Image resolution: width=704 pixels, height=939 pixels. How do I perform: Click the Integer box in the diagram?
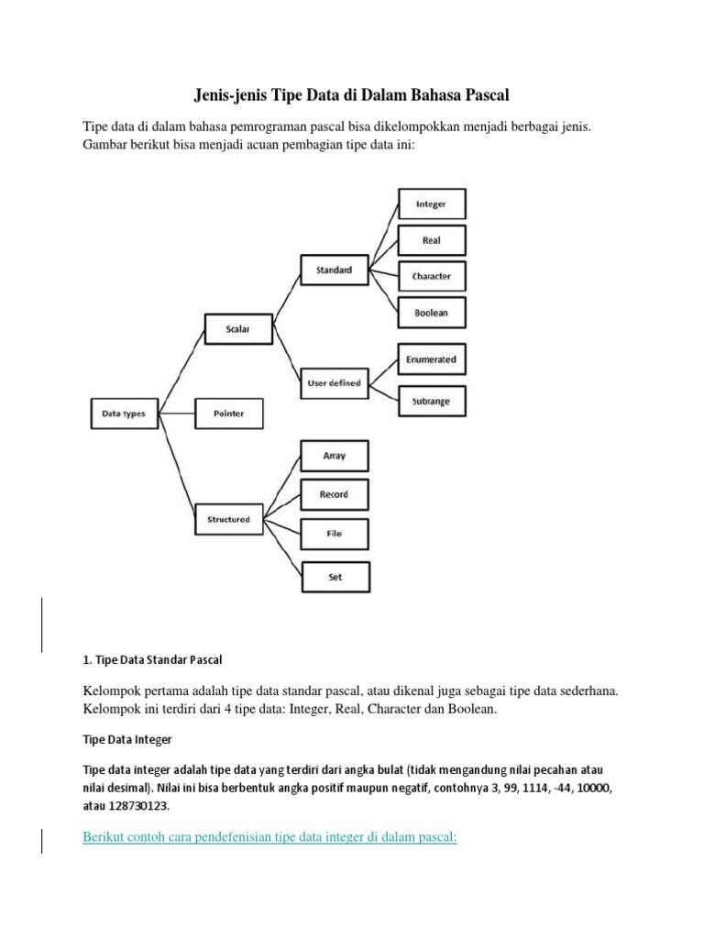tap(432, 204)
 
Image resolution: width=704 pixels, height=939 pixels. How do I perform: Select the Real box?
tap(432, 240)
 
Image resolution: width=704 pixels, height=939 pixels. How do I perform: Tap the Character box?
tap(432, 276)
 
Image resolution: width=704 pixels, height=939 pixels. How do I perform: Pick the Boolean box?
tap(432, 313)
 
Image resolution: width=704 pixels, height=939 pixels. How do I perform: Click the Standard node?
tap(335, 270)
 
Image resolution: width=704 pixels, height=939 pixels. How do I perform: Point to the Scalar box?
tap(236, 326)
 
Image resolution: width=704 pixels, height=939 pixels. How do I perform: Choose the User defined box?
tap(335, 382)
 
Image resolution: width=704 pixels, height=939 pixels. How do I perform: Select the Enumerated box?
tap(432, 359)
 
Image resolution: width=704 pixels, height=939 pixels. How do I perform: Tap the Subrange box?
tap(432, 401)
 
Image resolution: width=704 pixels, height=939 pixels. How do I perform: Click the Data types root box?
tap(125, 414)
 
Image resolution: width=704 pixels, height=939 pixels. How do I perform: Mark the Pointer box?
tap(229, 414)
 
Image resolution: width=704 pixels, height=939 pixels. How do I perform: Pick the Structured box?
tap(229, 519)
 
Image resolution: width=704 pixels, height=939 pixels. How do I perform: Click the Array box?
tap(335, 456)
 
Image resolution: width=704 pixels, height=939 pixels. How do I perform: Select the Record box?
tap(335, 494)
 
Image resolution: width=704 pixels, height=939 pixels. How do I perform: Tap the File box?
tap(335, 533)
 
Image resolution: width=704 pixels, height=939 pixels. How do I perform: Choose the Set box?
tap(335, 578)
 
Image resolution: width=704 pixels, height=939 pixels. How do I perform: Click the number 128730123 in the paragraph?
tap(137, 805)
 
